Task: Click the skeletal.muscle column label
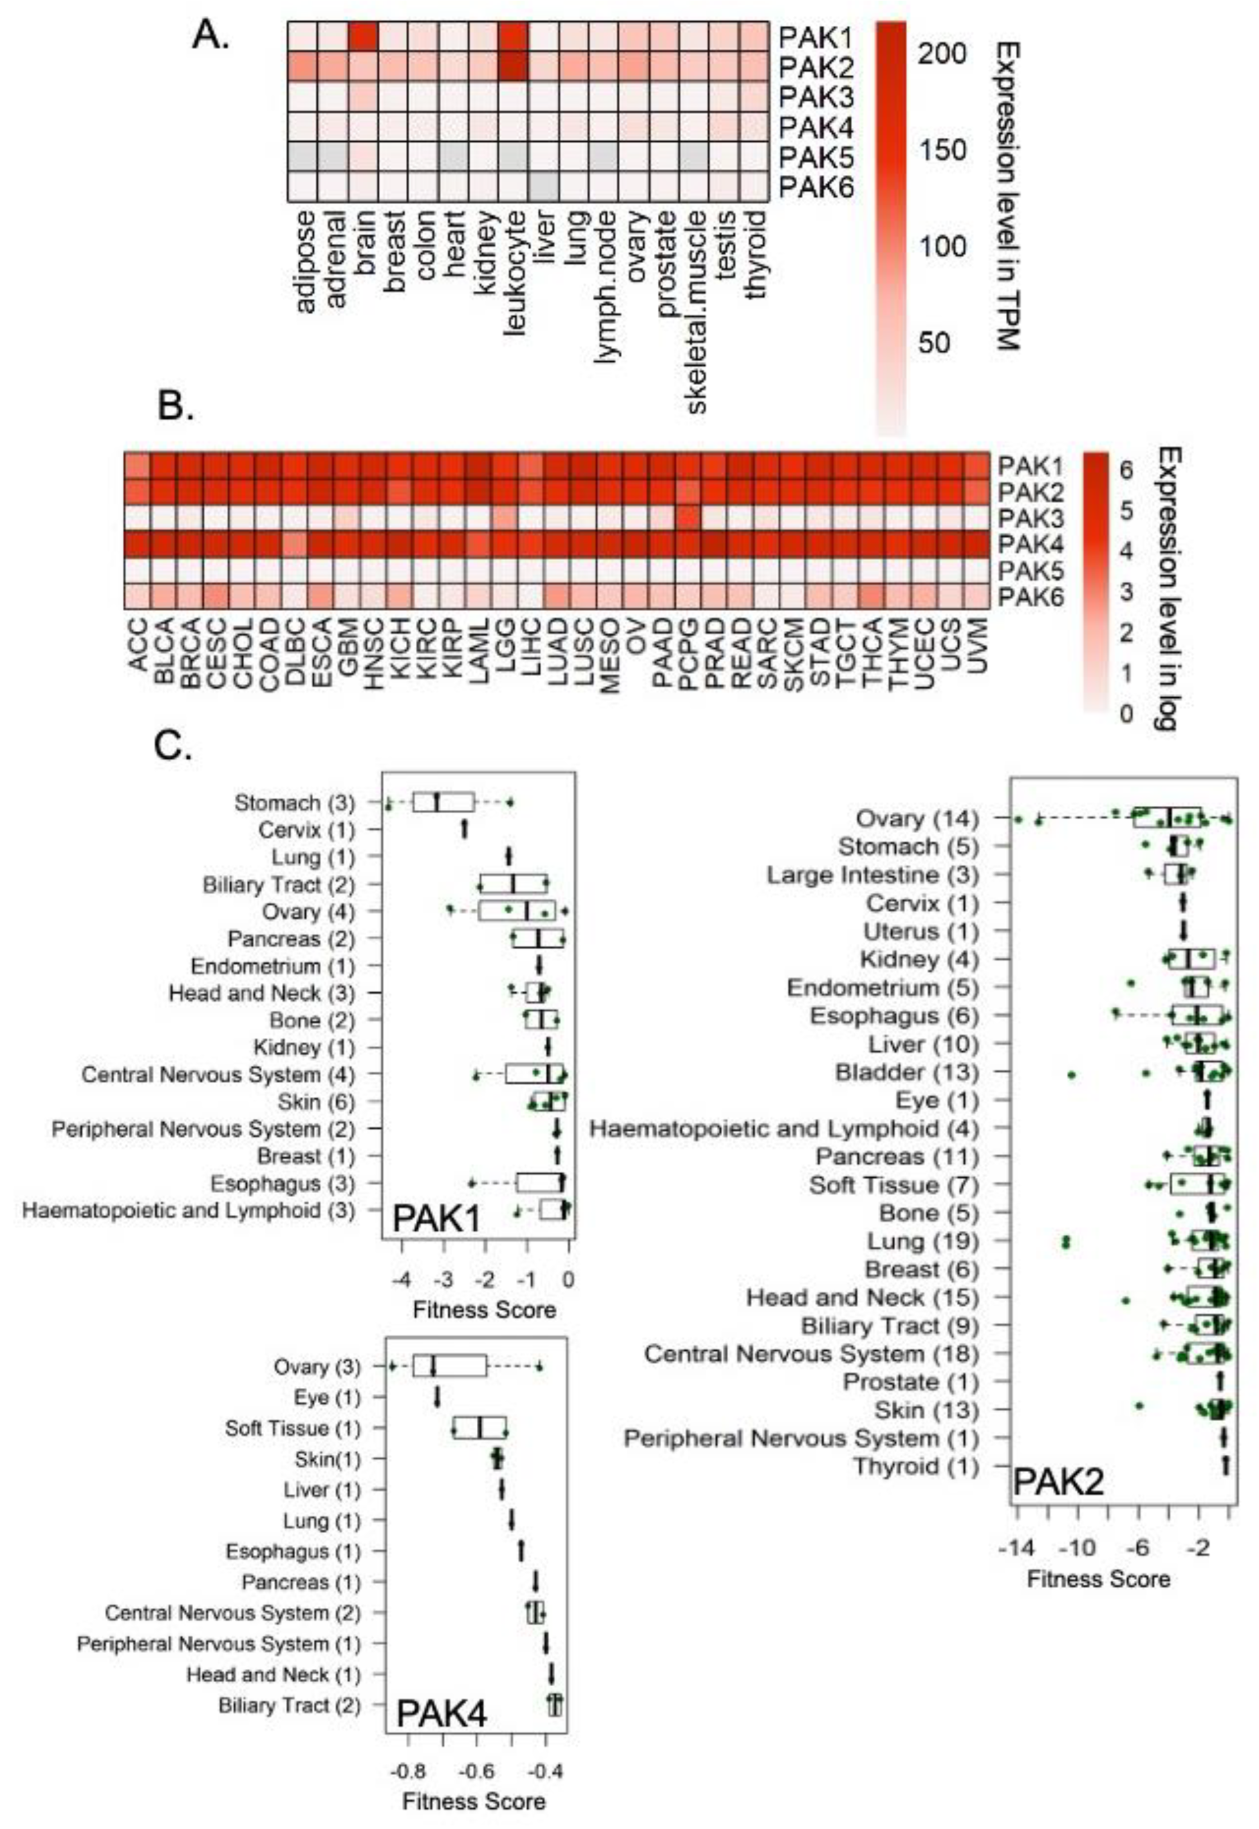[x=696, y=312]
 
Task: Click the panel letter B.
[x=175, y=406]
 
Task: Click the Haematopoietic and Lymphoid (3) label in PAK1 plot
[x=189, y=1210]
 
